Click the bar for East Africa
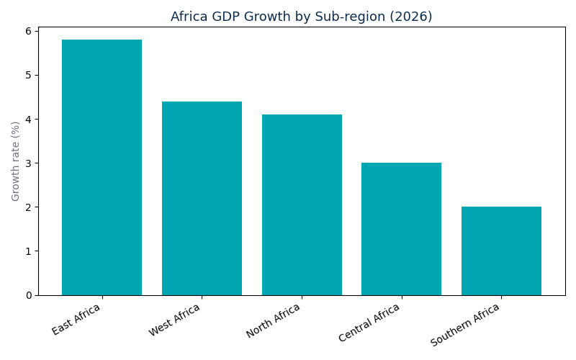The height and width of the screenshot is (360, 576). pyautogui.click(x=102, y=167)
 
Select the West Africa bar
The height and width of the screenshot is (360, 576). pyautogui.click(x=202, y=198)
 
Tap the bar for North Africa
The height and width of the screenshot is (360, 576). pyautogui.click(x=302, y=204)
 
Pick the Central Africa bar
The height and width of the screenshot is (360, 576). pyautogui.click(x=401, y=229)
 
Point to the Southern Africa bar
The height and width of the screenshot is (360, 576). pyautogui.click(x=501, y=251)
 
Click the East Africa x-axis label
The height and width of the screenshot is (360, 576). pyautogui.click(x=76, y=319)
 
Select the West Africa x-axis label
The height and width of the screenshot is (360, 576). pyautogui.click(x=174, y=320)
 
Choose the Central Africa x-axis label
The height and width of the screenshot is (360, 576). pyautogui.click(x=369, y=323)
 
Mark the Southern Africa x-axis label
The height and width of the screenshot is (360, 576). pyautogui.click(x=464, y=325)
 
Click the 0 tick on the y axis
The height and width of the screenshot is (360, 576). pyautogui.click(x=29, y=295)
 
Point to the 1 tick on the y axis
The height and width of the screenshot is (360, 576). pyautogui.click(x=29, y=251)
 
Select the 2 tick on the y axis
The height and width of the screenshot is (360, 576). pyautogui.click(x=29, y=207)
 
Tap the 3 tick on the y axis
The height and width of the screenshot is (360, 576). pyautogui.click(x=29, y=163)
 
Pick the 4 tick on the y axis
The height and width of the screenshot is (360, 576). pyautogui.click(x=29, y=119)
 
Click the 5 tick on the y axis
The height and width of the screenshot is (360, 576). pyautogui.click(x=29, y=75)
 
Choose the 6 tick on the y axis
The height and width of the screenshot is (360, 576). pyautogui.click(x=29, y=31)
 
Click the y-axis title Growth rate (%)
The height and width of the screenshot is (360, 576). pyautogui.click(x=16, y=161)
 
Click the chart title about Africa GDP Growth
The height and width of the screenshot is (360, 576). pyautogui.click(x=301, y=17)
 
